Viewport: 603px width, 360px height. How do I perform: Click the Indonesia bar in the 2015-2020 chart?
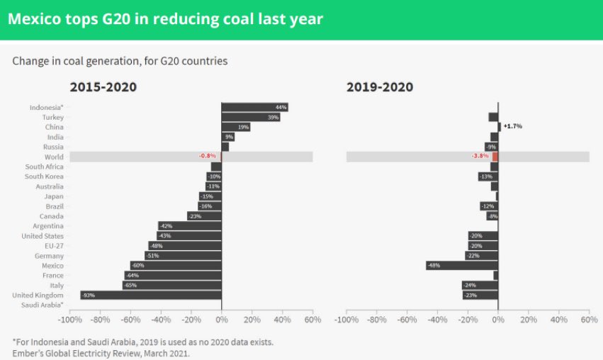point(254,107)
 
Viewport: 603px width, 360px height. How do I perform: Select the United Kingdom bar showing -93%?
point(151,295)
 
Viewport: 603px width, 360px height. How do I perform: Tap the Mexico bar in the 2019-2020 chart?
point(462,265)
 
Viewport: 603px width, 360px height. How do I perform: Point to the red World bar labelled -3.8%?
point(495,157)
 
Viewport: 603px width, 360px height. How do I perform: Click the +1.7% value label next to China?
point(512,126)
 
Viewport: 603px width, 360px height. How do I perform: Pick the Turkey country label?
point(52,117)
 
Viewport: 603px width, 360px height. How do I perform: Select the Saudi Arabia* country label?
point(44,305)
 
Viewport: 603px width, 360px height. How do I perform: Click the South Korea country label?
point(44,176)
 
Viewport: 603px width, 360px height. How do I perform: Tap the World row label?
point(53,157)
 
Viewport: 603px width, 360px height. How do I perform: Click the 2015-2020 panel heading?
point(103,87)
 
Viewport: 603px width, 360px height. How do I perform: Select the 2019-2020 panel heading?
point(380,87)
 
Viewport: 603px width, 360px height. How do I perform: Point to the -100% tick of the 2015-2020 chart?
point(69,320)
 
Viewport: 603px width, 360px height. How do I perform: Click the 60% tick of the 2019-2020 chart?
point(588,320)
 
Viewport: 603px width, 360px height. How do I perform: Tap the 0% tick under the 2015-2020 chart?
point(221,320)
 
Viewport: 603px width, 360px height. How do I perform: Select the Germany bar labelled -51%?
point(183,255)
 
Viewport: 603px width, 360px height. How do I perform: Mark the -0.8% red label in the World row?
point(207,157)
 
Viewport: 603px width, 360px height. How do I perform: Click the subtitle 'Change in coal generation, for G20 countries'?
point(120,61)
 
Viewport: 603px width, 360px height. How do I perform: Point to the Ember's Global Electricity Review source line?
point(101,352)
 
